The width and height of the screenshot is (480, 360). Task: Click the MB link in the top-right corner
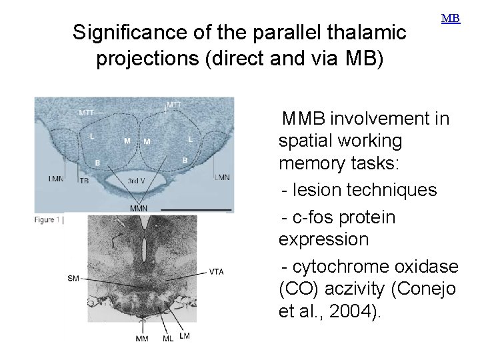click(451, 18)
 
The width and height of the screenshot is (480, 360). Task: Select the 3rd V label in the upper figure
click(137, 180)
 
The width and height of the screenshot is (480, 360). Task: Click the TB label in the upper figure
click(84, 181)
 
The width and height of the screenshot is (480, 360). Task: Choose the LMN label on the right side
click(222, 177)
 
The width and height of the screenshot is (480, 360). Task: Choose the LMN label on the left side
click(57, 178)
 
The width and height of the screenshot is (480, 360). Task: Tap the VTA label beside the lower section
click(217, 272)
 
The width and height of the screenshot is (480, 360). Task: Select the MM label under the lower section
click(143, 339)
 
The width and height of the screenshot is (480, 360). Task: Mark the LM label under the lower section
click(184, 336)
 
